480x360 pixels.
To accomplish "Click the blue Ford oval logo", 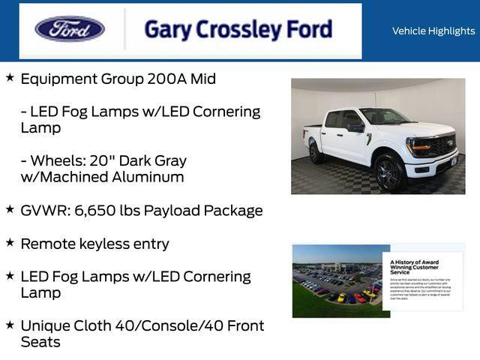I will tap(70, 29).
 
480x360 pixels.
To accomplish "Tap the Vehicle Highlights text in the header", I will tap(433, 31).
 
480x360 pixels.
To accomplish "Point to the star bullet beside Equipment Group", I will tap(10, 77).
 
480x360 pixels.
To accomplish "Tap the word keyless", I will tap(106, 244).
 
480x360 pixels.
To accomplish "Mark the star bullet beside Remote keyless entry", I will tap(10, 242).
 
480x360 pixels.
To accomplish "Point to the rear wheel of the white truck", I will tap(316, 153).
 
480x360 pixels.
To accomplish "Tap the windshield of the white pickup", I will tap(383, 116).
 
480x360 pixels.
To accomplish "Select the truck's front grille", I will tap(440, 145).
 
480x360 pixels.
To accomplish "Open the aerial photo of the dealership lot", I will tap(340, 281).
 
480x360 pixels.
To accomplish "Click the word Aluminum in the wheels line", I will tap(147, 178).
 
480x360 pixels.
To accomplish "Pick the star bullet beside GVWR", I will tap(10, 209).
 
